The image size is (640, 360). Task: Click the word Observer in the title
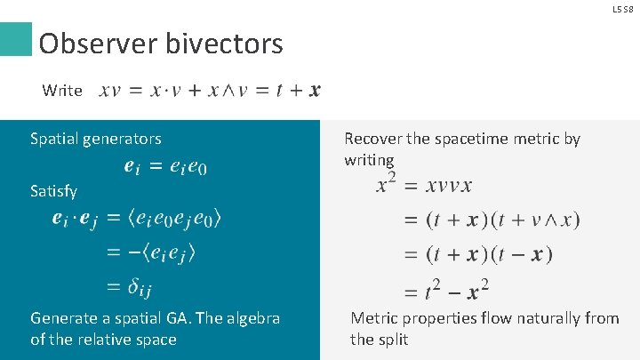(94, 44)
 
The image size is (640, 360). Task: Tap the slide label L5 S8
(621, 8)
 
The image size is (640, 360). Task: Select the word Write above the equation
(62, 90)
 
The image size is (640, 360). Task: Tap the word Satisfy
(53, 191)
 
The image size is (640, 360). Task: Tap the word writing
(369, 160)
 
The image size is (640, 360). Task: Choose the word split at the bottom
(392, 340)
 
